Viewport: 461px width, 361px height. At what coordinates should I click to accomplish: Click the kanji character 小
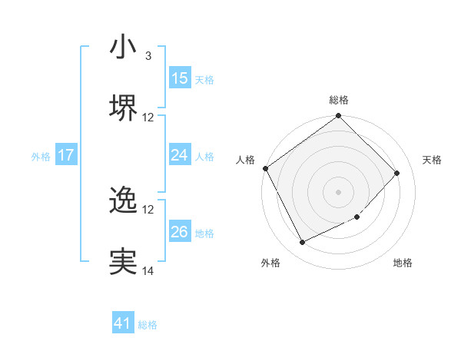click(122, 47)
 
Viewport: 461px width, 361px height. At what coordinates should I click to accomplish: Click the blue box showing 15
click(179, 78)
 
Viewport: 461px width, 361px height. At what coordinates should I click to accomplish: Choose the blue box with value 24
click(179, 155)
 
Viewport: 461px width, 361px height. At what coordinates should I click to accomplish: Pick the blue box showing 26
click(179, 232)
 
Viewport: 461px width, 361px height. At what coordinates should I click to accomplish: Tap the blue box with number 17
click(66, 155)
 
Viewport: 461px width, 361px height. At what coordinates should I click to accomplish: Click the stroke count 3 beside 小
click(148, 56)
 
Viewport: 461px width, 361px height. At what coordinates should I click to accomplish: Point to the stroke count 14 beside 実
click(148, 271)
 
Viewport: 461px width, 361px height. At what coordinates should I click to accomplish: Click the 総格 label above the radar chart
click(339, 100)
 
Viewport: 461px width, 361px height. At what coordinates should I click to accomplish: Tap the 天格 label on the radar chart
click(433, 160)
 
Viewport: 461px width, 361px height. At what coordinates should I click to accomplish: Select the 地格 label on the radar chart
click(403, 263)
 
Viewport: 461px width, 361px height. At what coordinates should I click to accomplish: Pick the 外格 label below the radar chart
click(270, 263)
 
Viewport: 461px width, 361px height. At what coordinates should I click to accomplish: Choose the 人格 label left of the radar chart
click(245, 160)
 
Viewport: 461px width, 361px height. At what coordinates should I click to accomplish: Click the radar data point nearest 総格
click(338, 117)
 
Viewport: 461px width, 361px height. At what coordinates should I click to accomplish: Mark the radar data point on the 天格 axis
click(397, 173)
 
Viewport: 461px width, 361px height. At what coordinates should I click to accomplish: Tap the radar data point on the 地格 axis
click(357, 217)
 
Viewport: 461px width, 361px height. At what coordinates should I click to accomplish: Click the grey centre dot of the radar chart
click(338, 191)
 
